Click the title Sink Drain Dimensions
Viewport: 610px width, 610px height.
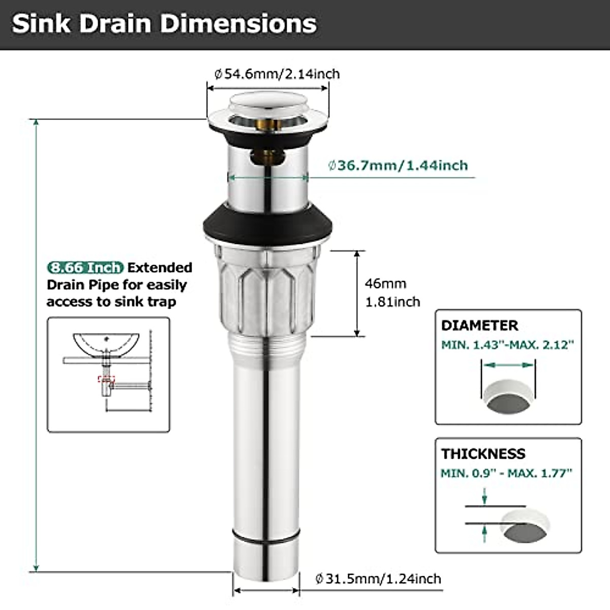click(x=164, y=24)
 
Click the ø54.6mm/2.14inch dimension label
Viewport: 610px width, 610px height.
click(x=277, y=74)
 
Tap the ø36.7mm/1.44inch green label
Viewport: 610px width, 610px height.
click(x=398, y=166)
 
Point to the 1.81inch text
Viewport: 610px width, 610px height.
click(x=392, y=302)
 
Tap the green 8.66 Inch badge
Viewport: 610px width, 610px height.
click(x=85, y=268)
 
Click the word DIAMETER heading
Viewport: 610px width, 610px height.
click(x=479, y=325)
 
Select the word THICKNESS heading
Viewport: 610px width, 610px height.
click(x=483, y=453)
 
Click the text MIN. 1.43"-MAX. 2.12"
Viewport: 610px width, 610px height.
click(x=507, y=345)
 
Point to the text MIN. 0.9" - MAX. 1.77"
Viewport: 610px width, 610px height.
click(x=506, y=473)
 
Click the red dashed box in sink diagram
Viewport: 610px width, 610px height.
click(x=106, y=379)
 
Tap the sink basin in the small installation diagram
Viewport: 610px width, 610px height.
click(x=106, y=344)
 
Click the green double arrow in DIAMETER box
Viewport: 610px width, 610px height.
click(x=508, y=364)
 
